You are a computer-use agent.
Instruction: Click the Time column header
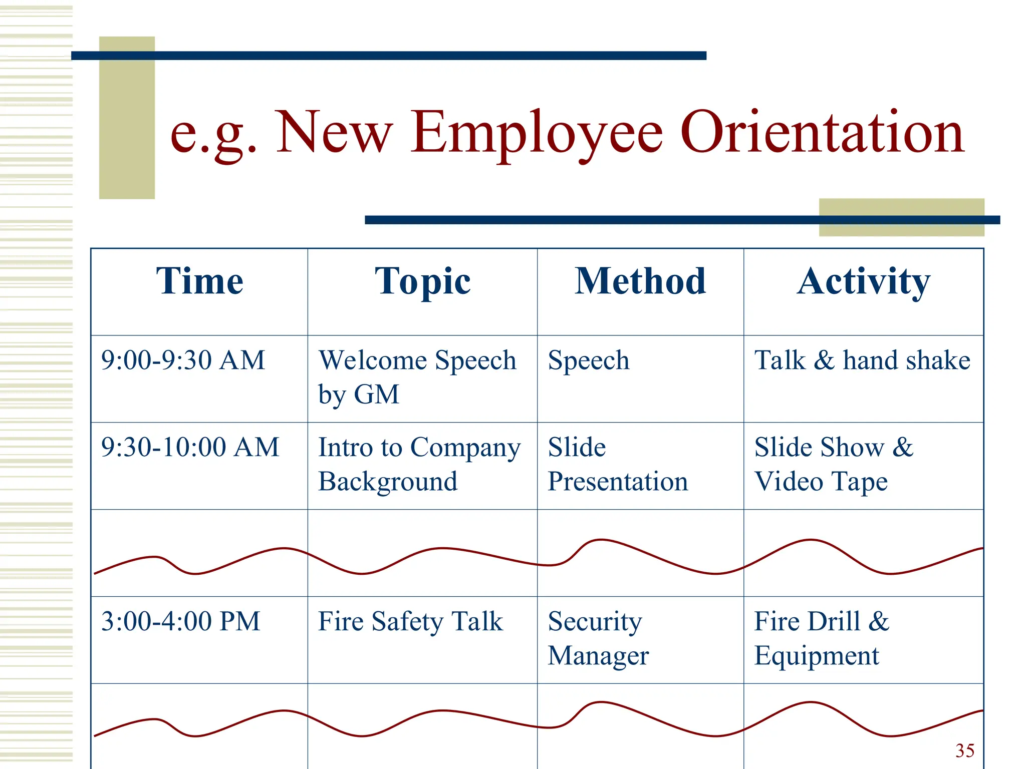tap(199, 281)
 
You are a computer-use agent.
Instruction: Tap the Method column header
tap(640, 281)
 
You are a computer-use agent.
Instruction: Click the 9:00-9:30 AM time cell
tap(183, 360)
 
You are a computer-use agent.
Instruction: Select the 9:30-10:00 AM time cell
tap(190, 447)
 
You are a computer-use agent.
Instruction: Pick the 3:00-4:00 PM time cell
tap(180, 621)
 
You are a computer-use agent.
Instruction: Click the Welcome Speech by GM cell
tap(417, 377)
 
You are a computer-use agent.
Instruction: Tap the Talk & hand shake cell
tap(862, 360)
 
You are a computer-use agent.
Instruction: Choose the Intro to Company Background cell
tap(419, 464)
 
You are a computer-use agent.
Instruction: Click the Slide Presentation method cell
tap(617, 464)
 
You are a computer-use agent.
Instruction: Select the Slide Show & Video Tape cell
tap(833, 464)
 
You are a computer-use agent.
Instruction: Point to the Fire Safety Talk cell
tap(410, 622)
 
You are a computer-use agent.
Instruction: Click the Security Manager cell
tap(598, 638)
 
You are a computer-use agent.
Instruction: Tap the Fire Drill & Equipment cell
tap(821, 638)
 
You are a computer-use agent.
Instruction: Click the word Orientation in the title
tap(822, 133)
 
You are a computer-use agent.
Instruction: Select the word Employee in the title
tap(537, 133)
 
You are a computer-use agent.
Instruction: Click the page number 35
tap(964, 750)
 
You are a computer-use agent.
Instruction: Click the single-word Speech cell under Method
tap(588, 360)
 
